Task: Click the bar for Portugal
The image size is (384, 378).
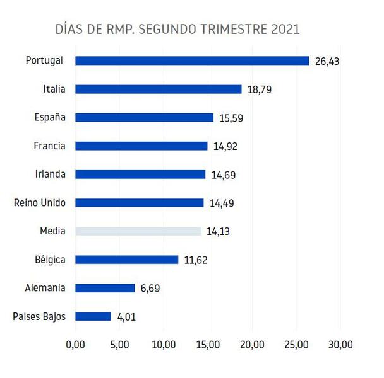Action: click(192, 60)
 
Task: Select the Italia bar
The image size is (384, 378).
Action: click(159, 89)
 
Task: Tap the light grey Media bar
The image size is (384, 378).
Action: click(138, 231)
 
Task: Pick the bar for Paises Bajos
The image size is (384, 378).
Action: click(93, 316)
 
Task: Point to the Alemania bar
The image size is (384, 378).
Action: click(105, 288)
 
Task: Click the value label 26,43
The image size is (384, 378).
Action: click(328, 61)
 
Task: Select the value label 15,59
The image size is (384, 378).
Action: click(232, 118)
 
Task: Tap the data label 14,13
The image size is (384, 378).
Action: click(219, 232)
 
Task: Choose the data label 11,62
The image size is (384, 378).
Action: click(196, 260)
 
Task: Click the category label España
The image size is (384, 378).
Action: click(49, 117)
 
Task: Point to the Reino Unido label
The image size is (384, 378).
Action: click(40, 203)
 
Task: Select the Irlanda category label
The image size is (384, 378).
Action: click(48, 174)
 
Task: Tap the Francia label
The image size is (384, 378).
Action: click(49, 146)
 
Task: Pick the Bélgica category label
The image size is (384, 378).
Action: click(49, 260)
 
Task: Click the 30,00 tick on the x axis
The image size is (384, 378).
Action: click(340, 345)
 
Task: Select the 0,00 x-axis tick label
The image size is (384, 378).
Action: click(75, 345)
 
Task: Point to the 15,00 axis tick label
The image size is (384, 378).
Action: click(208, 345)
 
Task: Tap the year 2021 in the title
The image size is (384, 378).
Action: click(284, 29)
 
